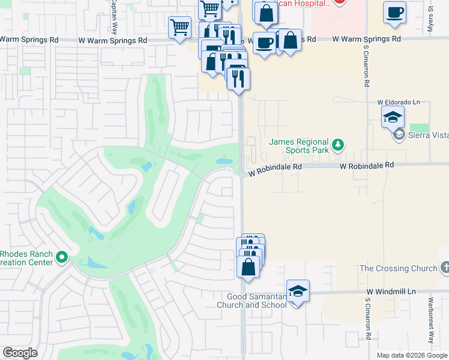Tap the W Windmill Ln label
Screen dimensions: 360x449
(392, 292)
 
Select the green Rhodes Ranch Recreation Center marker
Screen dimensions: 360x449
(62, 258)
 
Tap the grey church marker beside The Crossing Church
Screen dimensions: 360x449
(445, 268)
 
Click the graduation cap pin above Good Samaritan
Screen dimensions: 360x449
(298, 292)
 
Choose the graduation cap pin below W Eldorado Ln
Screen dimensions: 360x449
(393, 117)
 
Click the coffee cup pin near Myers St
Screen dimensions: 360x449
(394, 13)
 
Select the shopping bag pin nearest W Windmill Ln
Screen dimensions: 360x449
(249, 266)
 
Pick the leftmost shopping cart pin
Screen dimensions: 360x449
(179, 28)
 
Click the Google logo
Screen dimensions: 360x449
(20, 353)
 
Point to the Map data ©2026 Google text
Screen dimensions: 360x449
(411, 355)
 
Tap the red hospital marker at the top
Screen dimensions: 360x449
(340, 2)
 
